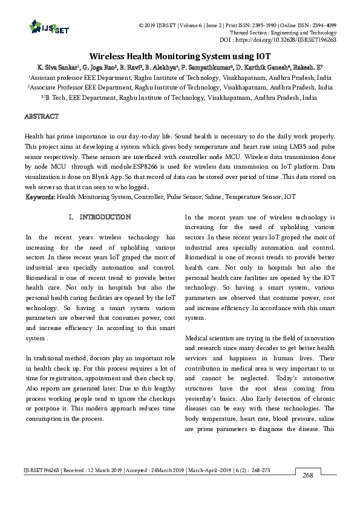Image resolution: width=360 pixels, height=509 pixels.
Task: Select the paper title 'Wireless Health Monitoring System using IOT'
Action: point(180,54)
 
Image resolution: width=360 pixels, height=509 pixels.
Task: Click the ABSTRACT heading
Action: point(41,115)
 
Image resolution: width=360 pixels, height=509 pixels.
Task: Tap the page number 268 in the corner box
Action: point(307,493)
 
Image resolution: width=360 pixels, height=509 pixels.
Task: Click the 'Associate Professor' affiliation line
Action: point(180,87)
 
